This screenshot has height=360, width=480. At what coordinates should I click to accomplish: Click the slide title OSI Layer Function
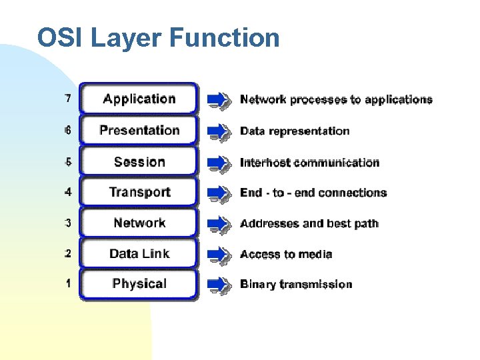[158, 38]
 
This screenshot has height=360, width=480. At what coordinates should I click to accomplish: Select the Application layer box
[139, 99]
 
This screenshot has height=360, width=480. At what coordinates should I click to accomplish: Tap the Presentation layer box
[139, 130]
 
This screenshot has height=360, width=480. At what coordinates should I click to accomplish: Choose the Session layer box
[139, 161]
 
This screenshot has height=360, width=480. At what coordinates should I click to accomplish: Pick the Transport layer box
[139, 192]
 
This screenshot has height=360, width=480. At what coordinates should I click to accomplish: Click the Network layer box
[139, 223]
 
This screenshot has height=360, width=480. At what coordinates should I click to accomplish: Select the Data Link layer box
[139, 253]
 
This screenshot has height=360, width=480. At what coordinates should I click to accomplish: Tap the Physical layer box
[139, 284]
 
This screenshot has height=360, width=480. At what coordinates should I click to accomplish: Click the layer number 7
[68, 99]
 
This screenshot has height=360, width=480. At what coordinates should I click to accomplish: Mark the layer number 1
[68, 284]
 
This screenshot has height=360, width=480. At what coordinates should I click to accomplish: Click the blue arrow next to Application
[219, 99]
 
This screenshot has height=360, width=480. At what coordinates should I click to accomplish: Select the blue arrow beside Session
[219, 162]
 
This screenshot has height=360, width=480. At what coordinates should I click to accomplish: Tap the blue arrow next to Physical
[219, 285]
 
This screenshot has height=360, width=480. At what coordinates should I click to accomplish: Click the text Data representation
[295, 131]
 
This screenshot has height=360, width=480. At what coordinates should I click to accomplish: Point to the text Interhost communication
[309, 162]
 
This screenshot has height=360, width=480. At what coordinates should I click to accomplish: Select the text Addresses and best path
[309, 223]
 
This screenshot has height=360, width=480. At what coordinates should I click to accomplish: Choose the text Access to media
[286, 254]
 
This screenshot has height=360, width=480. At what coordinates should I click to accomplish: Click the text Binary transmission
[296, 285]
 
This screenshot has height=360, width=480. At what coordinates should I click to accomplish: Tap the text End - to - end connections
[313, 193]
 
